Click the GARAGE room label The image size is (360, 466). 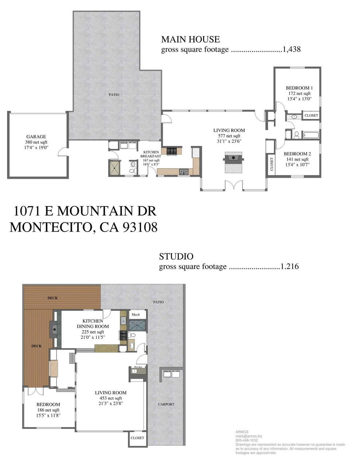point(36,137)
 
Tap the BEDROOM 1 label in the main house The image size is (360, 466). point(299,88)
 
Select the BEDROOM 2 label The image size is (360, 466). point(297,154)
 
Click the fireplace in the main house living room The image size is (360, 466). point(234,162)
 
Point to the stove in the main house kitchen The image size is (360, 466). point(172,151)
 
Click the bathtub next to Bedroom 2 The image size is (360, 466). point(311,135)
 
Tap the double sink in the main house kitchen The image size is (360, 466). point(184,171)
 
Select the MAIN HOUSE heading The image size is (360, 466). point(191,39)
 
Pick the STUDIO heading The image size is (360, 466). point(176,257)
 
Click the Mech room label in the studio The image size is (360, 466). point(136,315)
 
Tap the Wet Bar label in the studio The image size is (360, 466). point(138,367)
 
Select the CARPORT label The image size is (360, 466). point(166,404)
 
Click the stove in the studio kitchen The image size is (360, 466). point(123,335)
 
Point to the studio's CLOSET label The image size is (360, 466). point(137,438)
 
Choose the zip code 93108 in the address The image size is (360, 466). point(140,227)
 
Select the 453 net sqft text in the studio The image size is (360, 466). point(111,398)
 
